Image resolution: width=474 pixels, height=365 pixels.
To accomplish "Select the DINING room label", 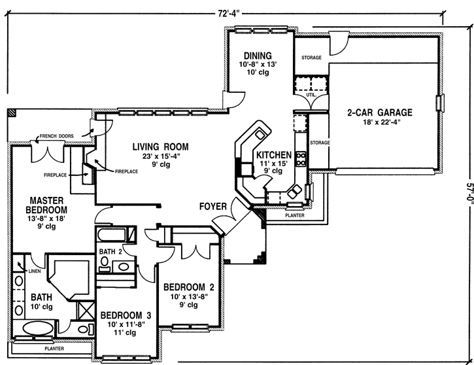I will click(258, 55).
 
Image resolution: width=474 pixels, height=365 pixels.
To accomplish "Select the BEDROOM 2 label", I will click(188, 287).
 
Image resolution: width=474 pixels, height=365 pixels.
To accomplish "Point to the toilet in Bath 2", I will click(105, 262).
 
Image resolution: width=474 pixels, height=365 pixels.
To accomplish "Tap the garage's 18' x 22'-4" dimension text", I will click(384, 122).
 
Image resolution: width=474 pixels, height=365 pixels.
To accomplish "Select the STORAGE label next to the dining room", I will click(311, 58).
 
